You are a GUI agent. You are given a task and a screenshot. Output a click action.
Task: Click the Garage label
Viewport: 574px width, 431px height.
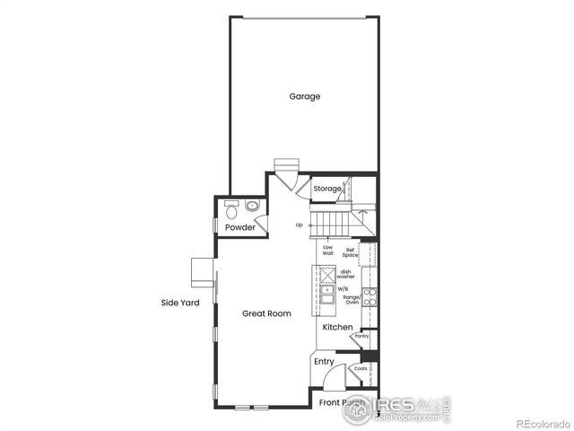[304, 97]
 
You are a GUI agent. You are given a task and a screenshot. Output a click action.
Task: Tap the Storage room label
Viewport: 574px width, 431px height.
[327, 189]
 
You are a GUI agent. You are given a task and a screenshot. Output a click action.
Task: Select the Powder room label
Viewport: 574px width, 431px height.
[239, 228]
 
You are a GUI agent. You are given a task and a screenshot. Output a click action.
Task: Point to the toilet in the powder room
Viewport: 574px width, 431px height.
[230, 207]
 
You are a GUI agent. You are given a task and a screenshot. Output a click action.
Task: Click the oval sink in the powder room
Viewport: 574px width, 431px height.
[252, 207]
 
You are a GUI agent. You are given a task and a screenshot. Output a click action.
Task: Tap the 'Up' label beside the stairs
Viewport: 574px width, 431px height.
[299, 225]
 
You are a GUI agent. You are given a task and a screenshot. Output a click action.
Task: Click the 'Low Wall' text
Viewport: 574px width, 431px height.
[328, 251]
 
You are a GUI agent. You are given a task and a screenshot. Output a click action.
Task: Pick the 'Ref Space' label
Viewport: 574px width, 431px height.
[350, 252]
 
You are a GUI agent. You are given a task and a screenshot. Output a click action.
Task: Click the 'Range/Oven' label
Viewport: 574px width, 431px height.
[351, 300]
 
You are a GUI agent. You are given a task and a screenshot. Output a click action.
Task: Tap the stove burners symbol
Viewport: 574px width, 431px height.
[369, 296]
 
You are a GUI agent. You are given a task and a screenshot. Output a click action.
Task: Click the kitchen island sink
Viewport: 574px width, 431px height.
[327, 290]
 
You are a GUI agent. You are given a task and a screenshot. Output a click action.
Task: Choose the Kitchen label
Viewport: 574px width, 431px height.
[338, 328]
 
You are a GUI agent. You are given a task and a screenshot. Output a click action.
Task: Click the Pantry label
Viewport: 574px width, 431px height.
[361, 336]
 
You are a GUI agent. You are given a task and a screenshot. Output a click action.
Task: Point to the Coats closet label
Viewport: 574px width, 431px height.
[361, 368]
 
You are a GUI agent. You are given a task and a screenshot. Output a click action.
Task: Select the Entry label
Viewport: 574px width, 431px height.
[324, 362]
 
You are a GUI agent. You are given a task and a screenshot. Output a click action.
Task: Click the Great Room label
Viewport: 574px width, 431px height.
[266, 313]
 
